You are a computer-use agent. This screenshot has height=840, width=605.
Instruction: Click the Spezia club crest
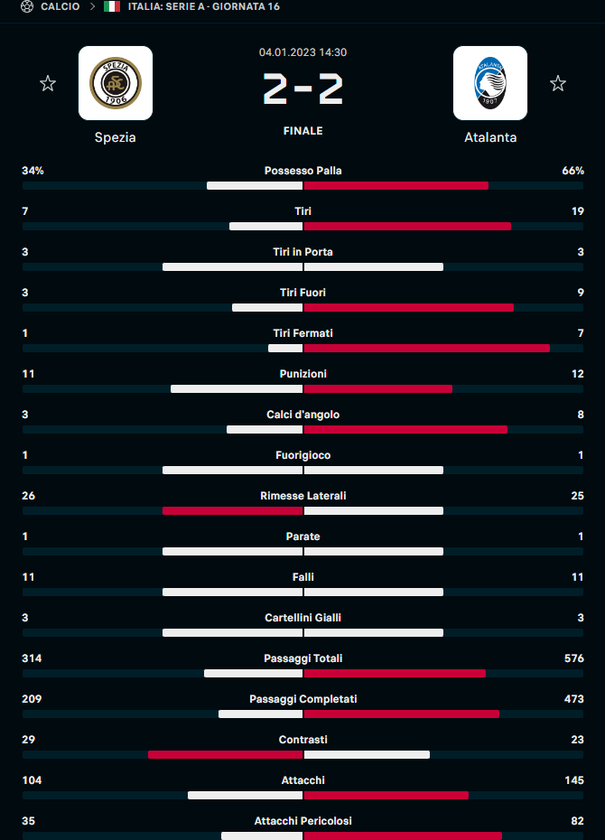pos(116,83)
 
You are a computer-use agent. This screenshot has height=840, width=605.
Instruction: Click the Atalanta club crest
pos(490,83)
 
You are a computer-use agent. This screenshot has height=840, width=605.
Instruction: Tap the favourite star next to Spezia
pos(48,84)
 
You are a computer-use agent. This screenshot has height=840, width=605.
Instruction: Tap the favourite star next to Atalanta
pos(558,84)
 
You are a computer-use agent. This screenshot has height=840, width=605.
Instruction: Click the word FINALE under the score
pos(302,131)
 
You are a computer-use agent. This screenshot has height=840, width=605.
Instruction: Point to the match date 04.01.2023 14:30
pos(302,52)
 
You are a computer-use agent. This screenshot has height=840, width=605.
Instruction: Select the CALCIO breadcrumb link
pos(60,7)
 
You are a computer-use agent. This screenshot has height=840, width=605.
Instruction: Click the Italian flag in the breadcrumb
pos(112,7)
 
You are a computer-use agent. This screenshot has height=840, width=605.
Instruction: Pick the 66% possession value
pos(572,171)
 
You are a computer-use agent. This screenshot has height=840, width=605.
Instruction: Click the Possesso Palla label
pos(302,171)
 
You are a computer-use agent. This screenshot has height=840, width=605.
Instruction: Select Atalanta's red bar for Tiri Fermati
pos(427,348)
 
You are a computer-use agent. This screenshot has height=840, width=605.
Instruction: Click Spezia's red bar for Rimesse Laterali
pos(232,510)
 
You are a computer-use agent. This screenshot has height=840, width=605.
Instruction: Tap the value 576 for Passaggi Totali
pos(573,658)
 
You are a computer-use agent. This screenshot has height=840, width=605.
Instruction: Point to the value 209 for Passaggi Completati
pos(32,699)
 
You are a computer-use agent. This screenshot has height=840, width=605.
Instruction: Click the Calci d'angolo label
pos(302,415)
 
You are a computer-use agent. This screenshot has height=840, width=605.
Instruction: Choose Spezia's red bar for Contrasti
pos(225,754)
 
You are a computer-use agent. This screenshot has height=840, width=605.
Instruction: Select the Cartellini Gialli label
pos(302,618)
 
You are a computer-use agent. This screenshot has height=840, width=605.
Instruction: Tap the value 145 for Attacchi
pos(573,780)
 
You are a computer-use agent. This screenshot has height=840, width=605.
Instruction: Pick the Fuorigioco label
pos(302,455)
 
